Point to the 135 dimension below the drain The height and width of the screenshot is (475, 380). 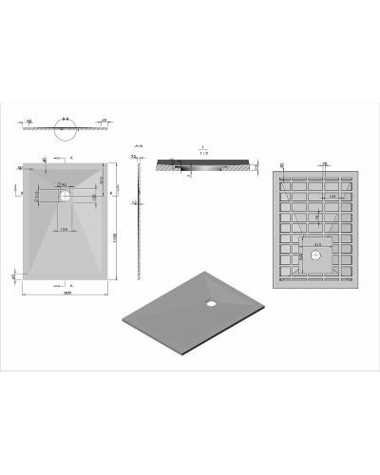[x=64, y=229]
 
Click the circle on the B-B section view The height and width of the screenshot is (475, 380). [x=65, y=134]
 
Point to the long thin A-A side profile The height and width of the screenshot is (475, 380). [x=141, y=218]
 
